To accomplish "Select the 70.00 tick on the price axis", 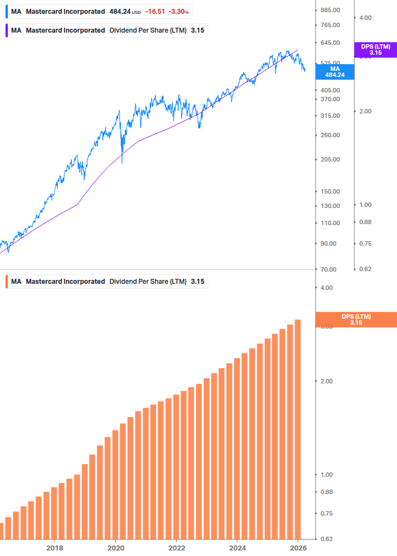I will pyautogui.click(x=329, y=269).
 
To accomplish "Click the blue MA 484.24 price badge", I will pyautogui.click(x=334, y=71).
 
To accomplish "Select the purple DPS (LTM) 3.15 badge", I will pyautogui.click(x=375, y=50).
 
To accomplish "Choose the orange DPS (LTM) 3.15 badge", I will pyautogui.click(x=355, y=319).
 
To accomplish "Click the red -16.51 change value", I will pyautogui.click(x=155, y=12).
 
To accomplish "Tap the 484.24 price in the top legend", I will pyautogui.click(x=120, y=12).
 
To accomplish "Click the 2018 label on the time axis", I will pyautogui.click(x=54, y=548).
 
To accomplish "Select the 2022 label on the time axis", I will pyautogui.click(x=176, y=548).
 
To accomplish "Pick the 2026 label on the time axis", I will pyautogui.click(x=298, y=548).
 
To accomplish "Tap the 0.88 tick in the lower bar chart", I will pyautogui.click(x=327, y=492).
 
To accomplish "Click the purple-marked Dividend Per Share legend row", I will pyautogui.click(x=105, y=30).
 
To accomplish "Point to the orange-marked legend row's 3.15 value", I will pyautogui.click(x=198, y=282).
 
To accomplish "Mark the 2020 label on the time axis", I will pyautogui.click(x=115, y=548).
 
